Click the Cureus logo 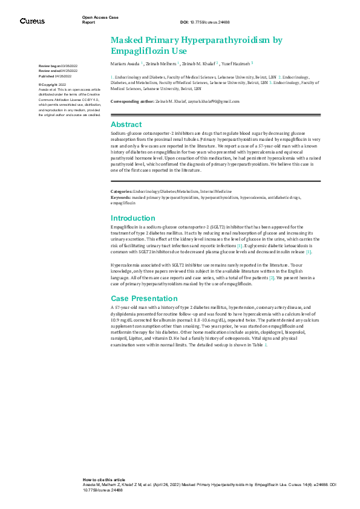point(32,21)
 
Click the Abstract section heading point(126,125)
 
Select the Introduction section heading point(133,218)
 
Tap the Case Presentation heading point(144,299)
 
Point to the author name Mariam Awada point(125,63)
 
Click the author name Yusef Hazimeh point(234,63)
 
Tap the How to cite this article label point(104,478)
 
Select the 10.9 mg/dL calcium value point(120,320)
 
